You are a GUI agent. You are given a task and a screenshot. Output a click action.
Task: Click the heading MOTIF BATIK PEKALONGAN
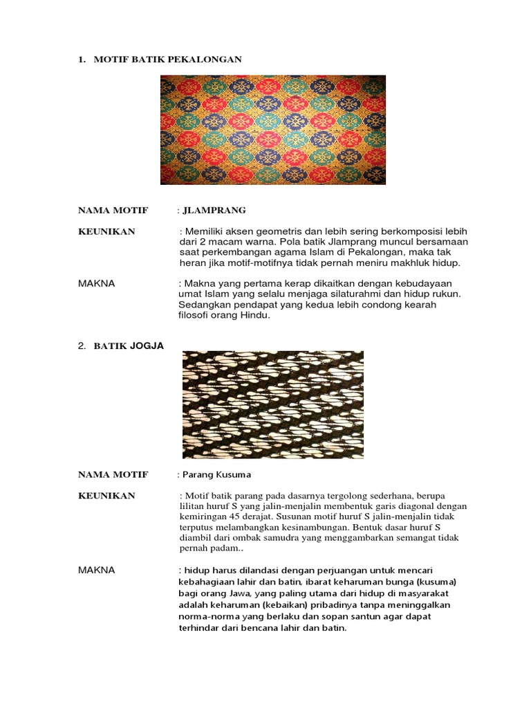pyautogui.click(x=168, y=60)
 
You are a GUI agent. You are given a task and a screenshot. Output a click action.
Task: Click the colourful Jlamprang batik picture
pyautogui.click(x=273, y=129)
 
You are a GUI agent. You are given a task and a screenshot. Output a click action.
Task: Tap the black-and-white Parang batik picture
pyautogui.click(x=272, y=404)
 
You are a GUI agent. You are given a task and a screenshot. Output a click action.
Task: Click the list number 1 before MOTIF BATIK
pyautogui.click(x=80, y=60)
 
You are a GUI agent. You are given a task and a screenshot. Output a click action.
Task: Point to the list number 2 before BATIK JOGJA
pyautogui.click(x=80, y=345)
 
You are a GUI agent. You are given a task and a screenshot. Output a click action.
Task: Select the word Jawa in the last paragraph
pyautogui.click(x=241, y=593)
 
